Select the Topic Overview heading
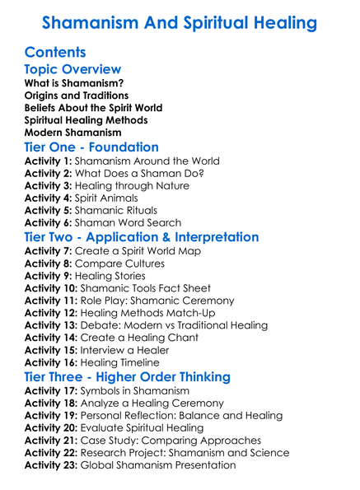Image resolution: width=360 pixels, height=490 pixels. click(72, 70)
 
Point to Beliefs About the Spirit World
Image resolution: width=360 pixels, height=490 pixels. click(93, 108)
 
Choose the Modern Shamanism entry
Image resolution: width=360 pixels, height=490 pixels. click(73, 132)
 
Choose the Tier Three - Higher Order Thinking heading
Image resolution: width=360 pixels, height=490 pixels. click(137, 377)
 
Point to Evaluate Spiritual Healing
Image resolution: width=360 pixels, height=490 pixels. click(148, 428)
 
